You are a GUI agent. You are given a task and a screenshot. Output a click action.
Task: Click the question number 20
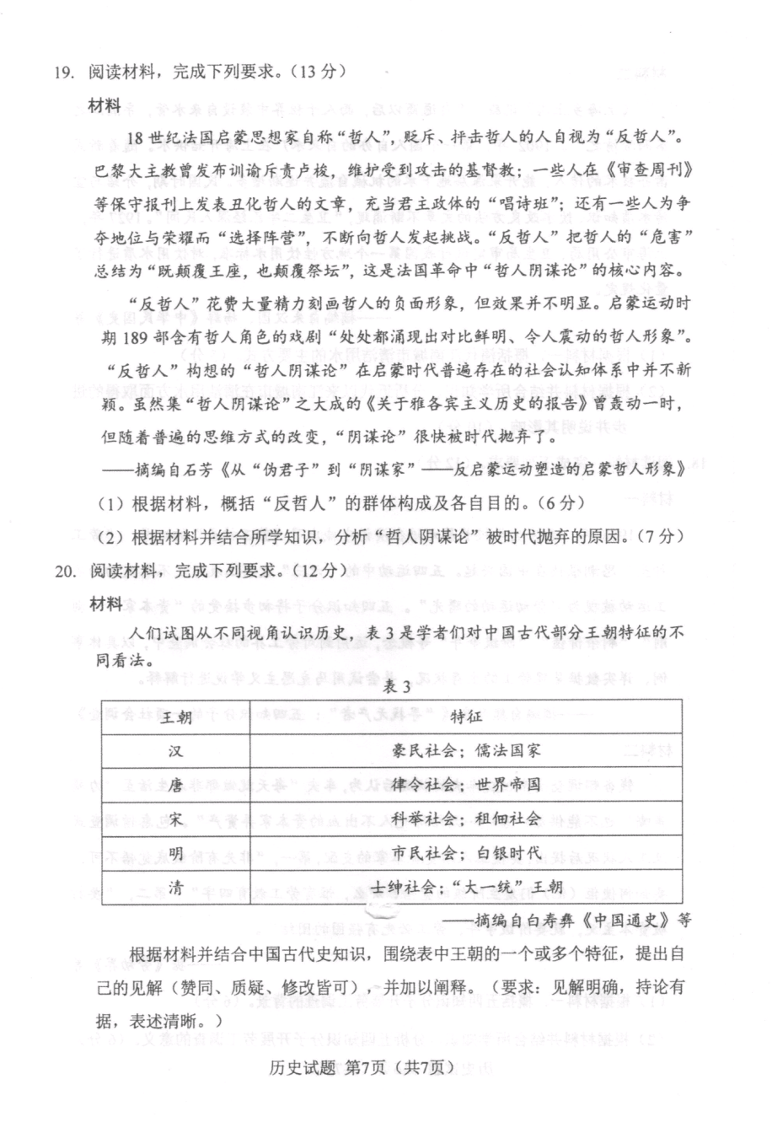pyautogui.click(x=66, y=572)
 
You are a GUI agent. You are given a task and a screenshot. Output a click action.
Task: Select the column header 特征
pyautogui.click(x=466, y=717)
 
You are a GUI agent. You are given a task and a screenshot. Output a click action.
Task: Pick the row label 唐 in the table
pyautogui.click(x=175, y=785)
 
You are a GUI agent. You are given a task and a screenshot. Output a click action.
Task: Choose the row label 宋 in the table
pyautogui.click(x=175, y=819)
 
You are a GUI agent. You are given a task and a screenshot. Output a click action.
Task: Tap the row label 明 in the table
pyautogui.click(x=175, y=853)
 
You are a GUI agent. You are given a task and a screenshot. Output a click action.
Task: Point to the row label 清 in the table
pyautogui.click(x=175, y=888)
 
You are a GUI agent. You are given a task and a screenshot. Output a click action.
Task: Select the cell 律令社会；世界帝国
pyautogui.click(x=467, y=785)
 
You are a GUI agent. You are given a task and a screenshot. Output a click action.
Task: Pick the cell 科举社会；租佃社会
pyautogui.click(x=467, y=819)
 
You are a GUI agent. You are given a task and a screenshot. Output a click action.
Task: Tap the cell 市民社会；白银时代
pyautogui.click(x=467, y=853)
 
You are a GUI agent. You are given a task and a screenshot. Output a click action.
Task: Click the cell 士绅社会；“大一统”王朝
pyautogui.click(x=467, y=888)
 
